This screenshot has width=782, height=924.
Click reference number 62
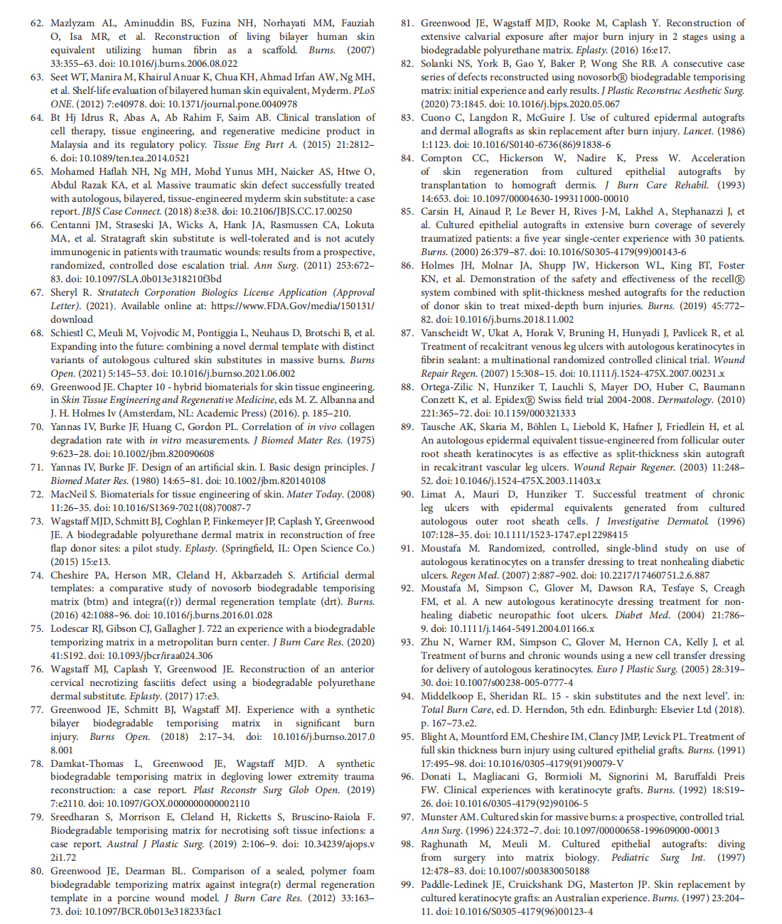(x=36, y=23)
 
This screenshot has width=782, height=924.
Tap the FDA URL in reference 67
(x=293, y=306)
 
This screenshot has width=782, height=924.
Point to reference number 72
(x=36, y=495)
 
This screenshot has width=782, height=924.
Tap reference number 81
(x=407, y=23)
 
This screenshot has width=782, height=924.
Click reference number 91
(x=407, y=549)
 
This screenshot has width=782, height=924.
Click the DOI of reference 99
(x=519, y=911)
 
